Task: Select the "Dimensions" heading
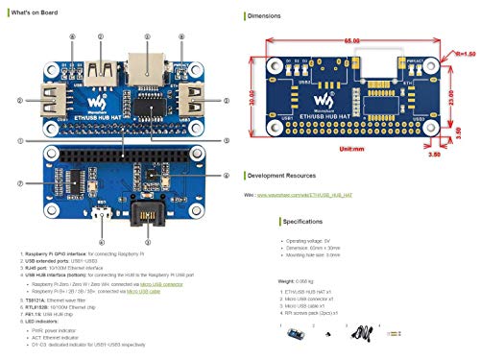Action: (x=270, y=17)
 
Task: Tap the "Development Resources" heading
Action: (x=288, y=176)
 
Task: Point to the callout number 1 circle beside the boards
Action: (x=19, y=142)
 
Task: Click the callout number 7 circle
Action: (x=20, y=182)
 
